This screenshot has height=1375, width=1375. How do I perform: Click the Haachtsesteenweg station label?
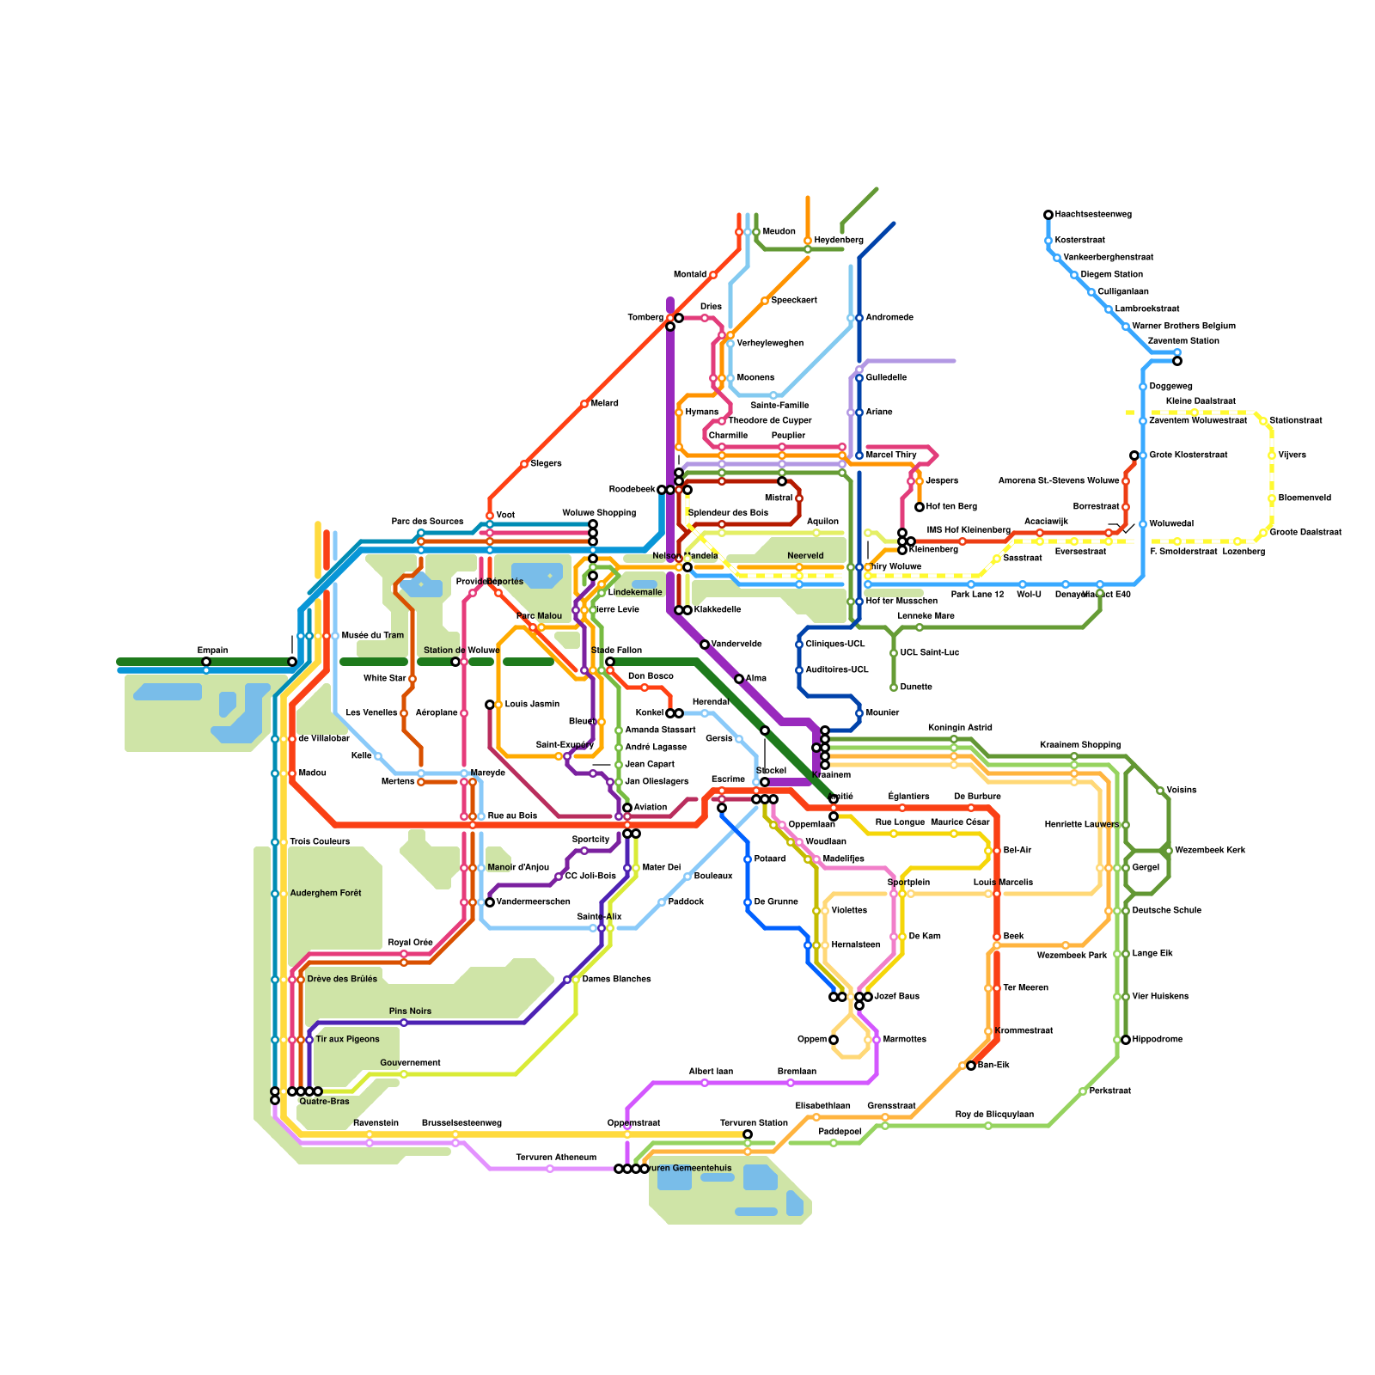click(x=1093, y=215)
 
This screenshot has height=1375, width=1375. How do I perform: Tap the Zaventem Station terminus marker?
click(x=1177, y=361)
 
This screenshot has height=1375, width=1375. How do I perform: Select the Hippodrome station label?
click(x=1157, y=1040)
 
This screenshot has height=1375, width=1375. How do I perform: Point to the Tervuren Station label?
click(x=754, y=1123)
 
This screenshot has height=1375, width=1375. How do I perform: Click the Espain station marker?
click(x=206, y=662)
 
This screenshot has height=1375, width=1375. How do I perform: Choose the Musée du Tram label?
click(x=372, y=636)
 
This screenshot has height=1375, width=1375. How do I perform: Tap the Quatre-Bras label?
click(x=324, y=1102)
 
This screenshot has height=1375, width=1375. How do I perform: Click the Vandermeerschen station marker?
click(x=490, y=902)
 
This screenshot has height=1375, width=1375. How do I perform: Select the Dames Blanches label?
click(x=616, y=980)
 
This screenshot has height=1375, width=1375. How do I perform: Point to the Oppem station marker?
click(x=834, y=1040)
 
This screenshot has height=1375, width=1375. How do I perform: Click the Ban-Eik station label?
click(x=993, y=1066)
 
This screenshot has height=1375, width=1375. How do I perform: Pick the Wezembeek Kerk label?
click(x=1210, y=851)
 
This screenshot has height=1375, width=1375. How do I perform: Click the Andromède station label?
click(x=889, y=318)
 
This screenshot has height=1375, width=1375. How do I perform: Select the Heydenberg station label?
click(x=839, y=241)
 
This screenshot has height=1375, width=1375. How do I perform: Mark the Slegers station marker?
click(x=524, y=464)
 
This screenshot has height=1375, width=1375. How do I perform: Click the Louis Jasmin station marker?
click(x=490, y=705)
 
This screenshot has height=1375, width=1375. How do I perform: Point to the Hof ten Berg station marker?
click(x=920, y=507)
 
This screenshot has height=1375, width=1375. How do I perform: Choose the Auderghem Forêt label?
click(x=325, y=894)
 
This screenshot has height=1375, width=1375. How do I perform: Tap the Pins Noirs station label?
click(x=410, y=1011)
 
